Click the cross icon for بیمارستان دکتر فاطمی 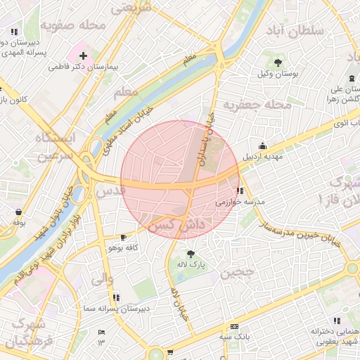pos(83,55)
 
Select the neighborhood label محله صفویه pos(72,25)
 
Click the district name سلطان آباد pos(295,31)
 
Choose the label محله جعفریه pos(257,105)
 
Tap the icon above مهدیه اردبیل pos(262,146)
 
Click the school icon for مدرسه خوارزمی pos(240,190)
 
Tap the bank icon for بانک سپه pos(234,326)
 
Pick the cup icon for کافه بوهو pos(124,237)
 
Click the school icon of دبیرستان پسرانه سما pos(115,297)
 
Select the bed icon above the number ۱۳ pos(101,332)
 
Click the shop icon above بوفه pos(18,212)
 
